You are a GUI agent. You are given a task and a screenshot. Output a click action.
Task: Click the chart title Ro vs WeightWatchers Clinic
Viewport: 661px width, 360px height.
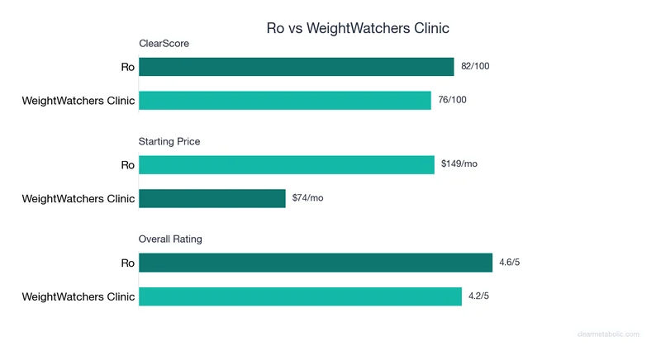point(358,28)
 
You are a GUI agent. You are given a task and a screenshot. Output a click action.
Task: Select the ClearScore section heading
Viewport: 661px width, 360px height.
point(164,44)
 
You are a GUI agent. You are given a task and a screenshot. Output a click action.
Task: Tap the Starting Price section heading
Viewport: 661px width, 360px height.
point(169,141)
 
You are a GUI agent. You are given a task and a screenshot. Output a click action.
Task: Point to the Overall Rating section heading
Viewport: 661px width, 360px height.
point(170,239)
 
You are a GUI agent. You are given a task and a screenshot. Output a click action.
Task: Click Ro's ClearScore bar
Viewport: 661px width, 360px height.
point(296,67)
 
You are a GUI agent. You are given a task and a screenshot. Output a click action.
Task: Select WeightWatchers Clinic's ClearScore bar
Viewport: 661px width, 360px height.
point(284,100)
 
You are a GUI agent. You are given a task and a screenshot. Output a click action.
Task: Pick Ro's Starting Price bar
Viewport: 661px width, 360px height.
point(286,164)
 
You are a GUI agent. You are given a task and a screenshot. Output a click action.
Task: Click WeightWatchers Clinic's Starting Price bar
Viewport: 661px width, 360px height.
point(212,198)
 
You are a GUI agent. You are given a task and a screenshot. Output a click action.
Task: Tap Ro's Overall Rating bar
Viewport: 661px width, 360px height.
point(315,263)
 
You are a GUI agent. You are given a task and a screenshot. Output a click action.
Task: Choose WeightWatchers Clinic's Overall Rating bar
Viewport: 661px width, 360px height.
point(300,296)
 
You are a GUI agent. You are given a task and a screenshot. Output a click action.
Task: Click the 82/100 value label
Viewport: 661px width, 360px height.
point(475,67)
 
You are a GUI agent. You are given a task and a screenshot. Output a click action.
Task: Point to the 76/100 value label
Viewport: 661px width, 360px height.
point(453,100)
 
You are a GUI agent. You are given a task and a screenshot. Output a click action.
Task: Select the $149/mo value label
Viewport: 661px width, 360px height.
point(459,164)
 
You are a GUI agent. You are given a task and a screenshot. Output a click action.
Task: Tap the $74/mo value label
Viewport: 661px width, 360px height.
point(308,198)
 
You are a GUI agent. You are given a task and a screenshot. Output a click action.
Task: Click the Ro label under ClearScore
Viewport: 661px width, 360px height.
point(127,67)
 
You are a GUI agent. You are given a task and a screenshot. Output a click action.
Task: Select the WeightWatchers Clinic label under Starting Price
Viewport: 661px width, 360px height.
point(78,198)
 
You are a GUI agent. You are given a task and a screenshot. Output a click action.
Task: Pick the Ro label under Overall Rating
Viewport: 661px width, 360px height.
point(127,263)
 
